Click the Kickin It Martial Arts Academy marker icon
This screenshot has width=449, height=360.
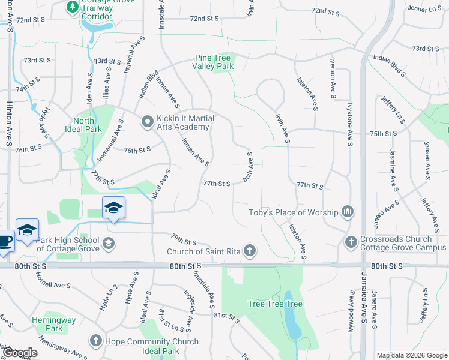(x=148, y=122)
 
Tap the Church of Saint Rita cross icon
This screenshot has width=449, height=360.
(x=249, y=251)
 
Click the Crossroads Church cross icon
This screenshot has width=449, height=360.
(x=352, y=242)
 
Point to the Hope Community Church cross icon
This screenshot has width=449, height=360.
(x=95, y=341)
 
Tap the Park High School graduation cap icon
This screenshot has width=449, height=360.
(x=108, y=243)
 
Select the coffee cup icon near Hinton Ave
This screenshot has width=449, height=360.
(x=5, y=240)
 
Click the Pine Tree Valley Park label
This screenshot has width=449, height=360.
(x=213, y=62)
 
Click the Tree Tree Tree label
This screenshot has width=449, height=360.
(x=276, y=304)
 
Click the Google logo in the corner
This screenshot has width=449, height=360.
(x=20, y=353)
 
